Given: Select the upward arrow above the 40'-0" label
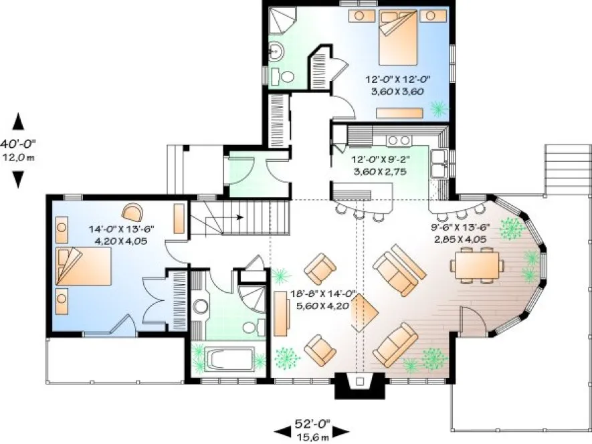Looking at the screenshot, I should click(x=19, y=122).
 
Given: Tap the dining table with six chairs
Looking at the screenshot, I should click(x=477, y=262).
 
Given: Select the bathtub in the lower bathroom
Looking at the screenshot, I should click(x=228, y=360).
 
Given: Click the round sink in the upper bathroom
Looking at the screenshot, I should click(x=276, y=50).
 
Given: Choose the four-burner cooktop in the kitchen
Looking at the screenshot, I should click(x=399, y=140).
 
